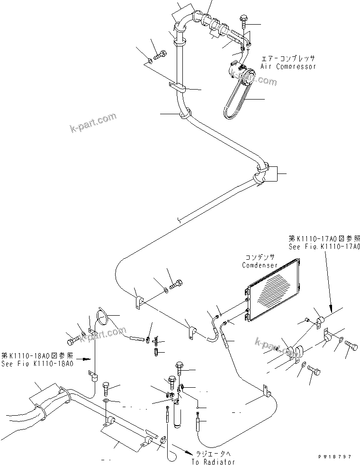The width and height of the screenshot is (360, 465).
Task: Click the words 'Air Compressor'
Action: pos(288,67)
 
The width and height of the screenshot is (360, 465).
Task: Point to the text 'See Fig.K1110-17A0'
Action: pos(324,247)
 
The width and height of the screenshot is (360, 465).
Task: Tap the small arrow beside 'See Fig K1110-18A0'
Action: pos(83,359)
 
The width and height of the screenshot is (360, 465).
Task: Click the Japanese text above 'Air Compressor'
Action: pos(288,59)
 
